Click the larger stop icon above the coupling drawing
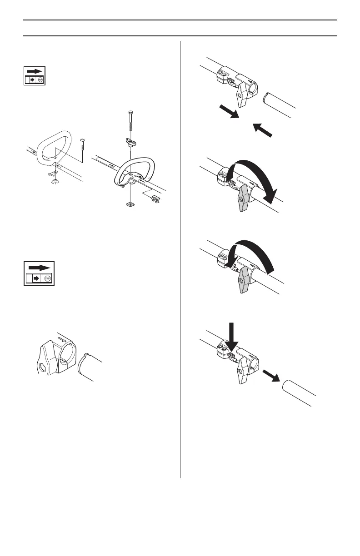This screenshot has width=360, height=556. pyautogui.click(x=39, y=273)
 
